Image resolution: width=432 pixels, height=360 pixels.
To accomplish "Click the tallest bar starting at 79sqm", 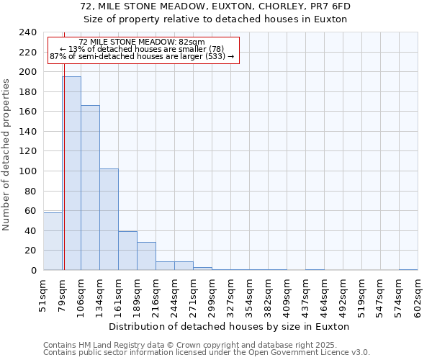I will [71, 173].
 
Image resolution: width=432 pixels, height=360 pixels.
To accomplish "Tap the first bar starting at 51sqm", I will [53, 241].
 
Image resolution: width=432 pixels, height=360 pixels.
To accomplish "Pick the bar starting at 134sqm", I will [109, 219].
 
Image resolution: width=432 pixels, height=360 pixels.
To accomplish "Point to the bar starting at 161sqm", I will [127, 251].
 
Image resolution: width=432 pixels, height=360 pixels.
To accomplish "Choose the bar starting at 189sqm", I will [146, 256].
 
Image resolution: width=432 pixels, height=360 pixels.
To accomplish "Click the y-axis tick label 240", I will [28, 32].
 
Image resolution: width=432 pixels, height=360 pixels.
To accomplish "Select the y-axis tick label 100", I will [28, 171].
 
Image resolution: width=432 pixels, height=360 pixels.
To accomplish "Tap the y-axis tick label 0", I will [33, 271].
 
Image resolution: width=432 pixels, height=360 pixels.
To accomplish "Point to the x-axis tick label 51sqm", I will [43, 297].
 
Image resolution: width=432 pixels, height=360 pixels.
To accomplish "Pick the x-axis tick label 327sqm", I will [230, 297].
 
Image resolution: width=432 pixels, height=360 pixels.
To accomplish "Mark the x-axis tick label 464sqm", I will [324, 297].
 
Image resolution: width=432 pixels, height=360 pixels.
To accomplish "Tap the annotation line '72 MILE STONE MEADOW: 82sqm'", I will [142, 42].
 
